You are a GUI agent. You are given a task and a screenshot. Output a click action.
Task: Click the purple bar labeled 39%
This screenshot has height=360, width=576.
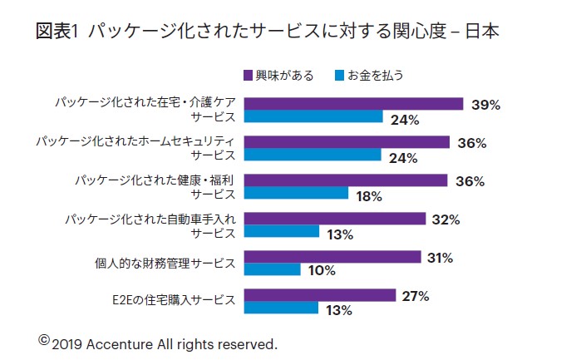352,104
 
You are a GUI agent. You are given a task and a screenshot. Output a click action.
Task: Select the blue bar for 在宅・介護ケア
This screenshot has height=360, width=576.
313,117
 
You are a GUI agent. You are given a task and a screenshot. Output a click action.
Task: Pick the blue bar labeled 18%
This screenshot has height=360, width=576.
295,193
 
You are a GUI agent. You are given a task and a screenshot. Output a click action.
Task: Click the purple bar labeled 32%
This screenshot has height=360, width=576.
336,219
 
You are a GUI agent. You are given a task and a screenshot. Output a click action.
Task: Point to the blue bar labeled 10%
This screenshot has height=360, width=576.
272,269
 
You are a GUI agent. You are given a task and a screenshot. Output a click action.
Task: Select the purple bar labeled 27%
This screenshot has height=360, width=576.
319,295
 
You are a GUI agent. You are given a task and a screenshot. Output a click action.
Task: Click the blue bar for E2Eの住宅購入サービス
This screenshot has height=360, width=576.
281,308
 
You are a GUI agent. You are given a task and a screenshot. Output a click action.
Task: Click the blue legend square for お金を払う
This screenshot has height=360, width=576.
339,76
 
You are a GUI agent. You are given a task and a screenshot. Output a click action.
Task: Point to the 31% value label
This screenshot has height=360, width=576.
439,258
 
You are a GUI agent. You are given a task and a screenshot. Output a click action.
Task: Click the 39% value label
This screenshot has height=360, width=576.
485,105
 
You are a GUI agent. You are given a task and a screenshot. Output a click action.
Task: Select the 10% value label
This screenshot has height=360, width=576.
322,270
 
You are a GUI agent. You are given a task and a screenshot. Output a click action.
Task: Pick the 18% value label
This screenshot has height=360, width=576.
368,197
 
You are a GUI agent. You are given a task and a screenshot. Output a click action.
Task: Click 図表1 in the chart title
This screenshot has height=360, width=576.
57,32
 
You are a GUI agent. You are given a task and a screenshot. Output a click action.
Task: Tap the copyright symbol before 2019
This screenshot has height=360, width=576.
44,339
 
